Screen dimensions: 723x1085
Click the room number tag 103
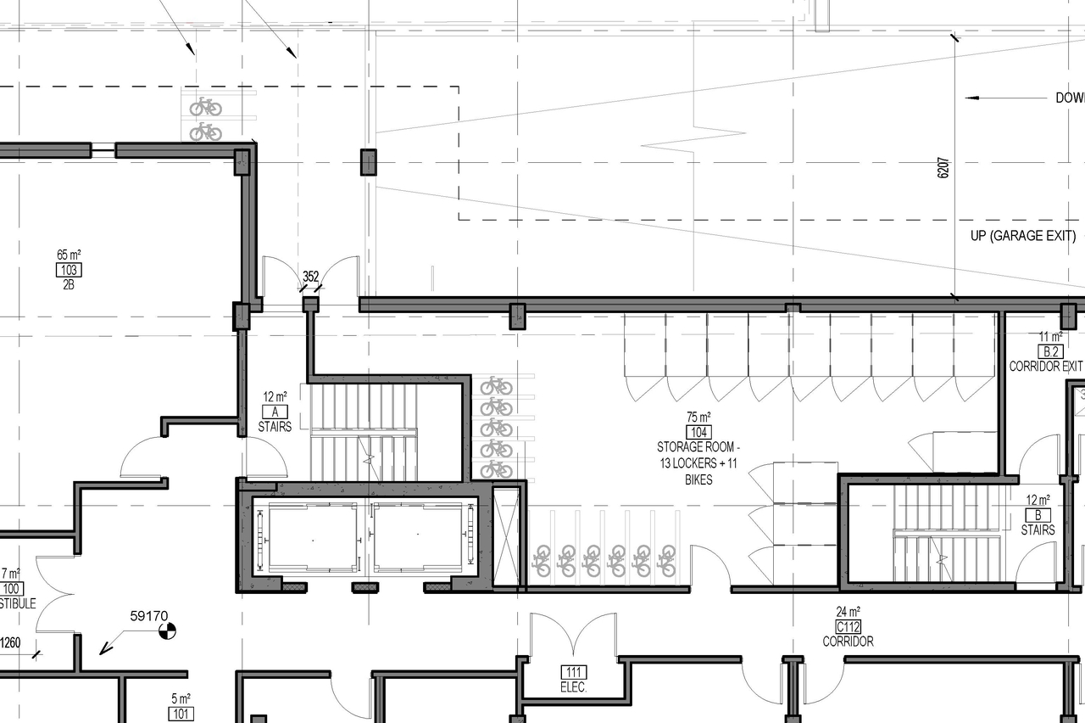click(x=69, y=271)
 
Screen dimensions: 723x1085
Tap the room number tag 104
click(x=698, y=432)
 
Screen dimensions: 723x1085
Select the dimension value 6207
click(x=943, y=168)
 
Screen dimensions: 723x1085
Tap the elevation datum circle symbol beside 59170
click(x=169, y=631)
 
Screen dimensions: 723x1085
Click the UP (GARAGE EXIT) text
click(x=1023, y=236)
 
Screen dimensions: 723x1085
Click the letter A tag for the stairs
click(x=275, y=412)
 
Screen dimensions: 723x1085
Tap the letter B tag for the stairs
click(x=1038, y=515)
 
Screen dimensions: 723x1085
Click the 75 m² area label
click(x=698, y=418)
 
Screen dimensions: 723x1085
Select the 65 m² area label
click(x=69, y=255)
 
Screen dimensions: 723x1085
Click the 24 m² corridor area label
click(x=848, y=612)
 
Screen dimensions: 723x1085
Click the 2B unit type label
click(x=69, y=285)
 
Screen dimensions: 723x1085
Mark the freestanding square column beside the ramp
click(x=368, y=161)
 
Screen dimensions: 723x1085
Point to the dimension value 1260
click(x=10, y=642)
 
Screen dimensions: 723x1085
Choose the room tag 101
click(x=181, y=714)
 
